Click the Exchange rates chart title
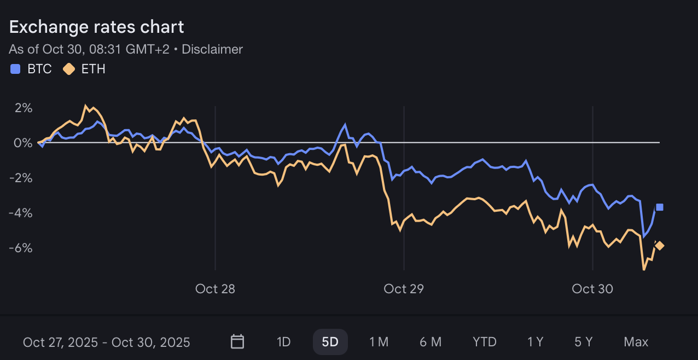(x=97, y=27)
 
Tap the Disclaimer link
(x=212, y=49)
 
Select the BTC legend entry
(x=32, y=69)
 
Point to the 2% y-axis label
(x=24, y=108)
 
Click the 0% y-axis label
(x=24, y=143)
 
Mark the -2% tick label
(x=21, y=178)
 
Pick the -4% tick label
(x=21, y=213)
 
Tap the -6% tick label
(x=21, y=248)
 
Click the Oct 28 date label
(x=215, y=289)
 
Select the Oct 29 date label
(x=404, y=289)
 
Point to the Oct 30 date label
(x=592, y=289)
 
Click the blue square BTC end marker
(x=660, y=207)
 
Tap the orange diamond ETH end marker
(x=660, y=246)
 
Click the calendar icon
(x=237, y=342)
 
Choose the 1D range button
(x=283, y=342)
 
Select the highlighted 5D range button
(x=330, y=342)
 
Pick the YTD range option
(x=484, y=342)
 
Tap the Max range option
(x=636, y=342)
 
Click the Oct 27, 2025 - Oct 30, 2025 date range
(x=107, y=342)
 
